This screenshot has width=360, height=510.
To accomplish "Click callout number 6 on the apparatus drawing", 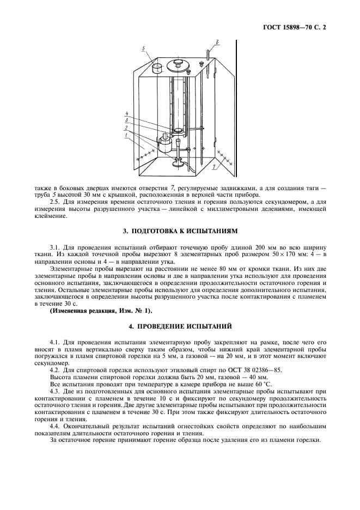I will pyautogui.click(x=217, y=42).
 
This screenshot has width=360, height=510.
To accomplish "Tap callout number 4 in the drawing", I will pyautogui.click(x=126, y=113).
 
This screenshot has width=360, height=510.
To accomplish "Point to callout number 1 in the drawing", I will pyautogui.click(x=126, y=133).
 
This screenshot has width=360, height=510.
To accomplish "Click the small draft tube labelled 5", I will pyautogui.click(x=157, y=68).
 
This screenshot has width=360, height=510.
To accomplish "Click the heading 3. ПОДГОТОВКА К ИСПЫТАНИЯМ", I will pyautogui.click(x=179, y=231).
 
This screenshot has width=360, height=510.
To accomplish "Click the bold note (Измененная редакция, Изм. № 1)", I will pyautogui.click(x=101, y=311).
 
